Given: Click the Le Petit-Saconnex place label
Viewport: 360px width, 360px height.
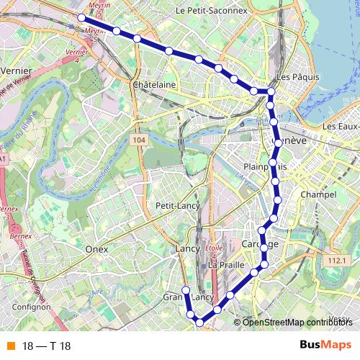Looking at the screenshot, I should [211, 12].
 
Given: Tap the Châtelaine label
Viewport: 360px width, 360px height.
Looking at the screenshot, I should [155, 85].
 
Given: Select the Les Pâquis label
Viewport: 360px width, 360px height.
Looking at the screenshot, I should [292, 78].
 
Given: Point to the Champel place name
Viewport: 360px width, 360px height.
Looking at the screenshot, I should [319, 195].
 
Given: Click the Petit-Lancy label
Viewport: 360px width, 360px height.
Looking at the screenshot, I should [177, 205].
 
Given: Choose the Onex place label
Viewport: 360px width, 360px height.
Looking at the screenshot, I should [96, 249].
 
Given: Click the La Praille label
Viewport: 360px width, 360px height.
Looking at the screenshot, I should [222, 265].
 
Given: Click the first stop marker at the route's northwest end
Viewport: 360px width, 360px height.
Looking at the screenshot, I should [81, 17].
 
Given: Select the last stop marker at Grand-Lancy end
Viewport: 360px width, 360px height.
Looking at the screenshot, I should [185, 290].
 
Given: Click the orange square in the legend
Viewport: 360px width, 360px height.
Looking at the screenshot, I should [10, 346].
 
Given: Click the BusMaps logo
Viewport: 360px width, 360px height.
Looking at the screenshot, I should [325, 345].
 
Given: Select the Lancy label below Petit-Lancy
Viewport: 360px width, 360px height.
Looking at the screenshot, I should [186, 249].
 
